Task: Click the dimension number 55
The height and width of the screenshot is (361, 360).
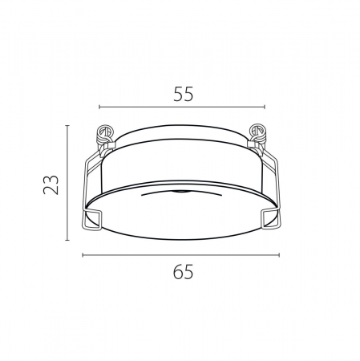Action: tap(183, 94)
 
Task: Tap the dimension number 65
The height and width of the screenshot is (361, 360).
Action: tap(183, 272)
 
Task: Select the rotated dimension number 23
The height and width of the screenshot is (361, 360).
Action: tap(51, 185)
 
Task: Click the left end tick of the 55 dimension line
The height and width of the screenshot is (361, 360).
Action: tap(99, 107)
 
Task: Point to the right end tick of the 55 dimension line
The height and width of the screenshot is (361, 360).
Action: tap(265, 107)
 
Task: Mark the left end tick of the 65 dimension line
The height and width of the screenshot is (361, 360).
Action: tap(83, 255)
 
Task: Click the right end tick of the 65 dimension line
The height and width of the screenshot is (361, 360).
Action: tap(279, 255)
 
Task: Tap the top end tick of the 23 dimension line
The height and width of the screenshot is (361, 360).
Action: tap(67, 125)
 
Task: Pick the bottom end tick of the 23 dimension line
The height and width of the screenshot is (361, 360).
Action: tap(67, 240)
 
